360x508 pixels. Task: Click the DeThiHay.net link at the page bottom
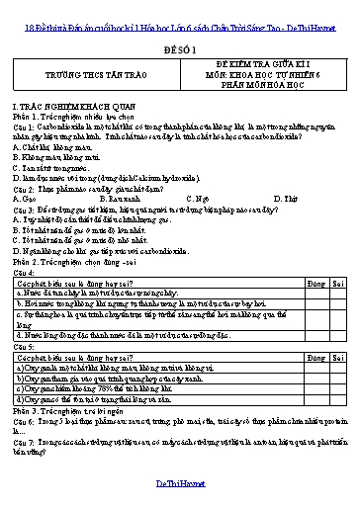(179, 480)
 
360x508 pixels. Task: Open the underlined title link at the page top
(179, 10)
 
